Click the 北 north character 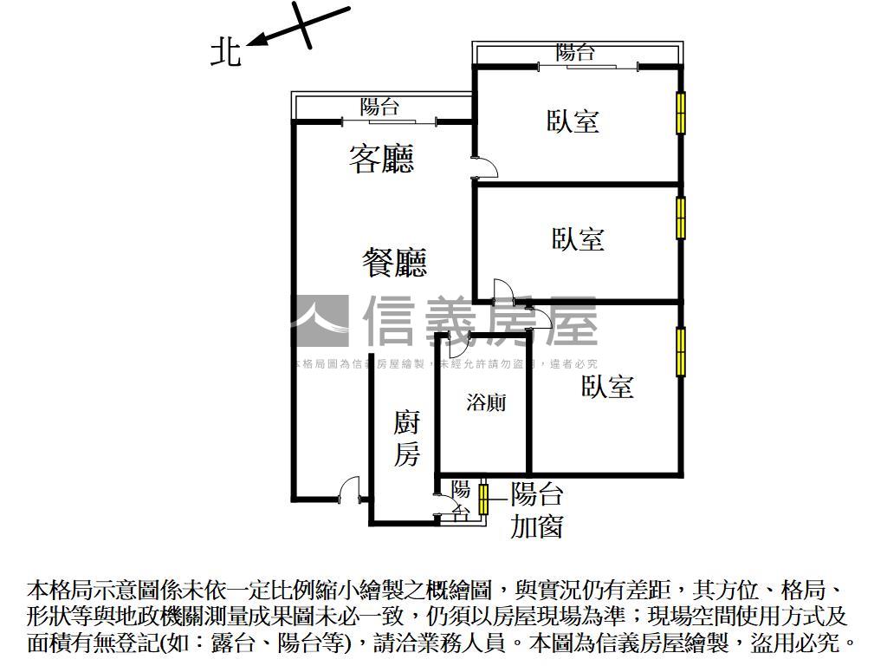click(x=226, y=52)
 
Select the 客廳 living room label click(x=382, y=159)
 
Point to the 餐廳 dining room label click(x=394, y=262)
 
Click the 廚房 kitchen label click(x=406, y=439)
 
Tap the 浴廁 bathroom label click(x=486, y=403)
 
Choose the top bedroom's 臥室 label click(x=573, y=121)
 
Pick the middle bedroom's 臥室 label click(x=578, y=238)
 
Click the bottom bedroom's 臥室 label click(x=607, y=387)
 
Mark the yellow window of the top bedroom click(x=681, y=112)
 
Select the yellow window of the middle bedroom click(x=681, y=218)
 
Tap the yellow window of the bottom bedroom click(x=681, y=351)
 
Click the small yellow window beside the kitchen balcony click(x=483, y=499)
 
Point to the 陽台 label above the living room click(x=380, y=108)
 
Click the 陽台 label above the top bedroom click(x=576, y=53)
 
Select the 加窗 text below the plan click(x=537, y=526)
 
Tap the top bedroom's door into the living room click(x=485, y=168)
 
